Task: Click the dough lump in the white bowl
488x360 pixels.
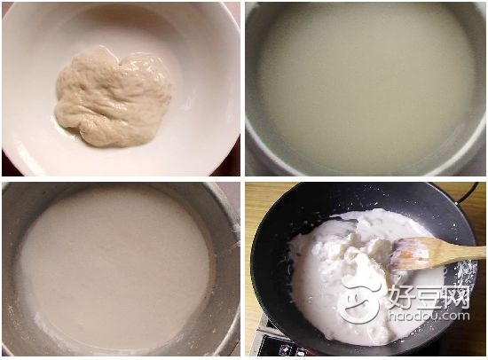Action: coord(113,97)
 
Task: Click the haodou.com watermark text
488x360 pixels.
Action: coord(429,317)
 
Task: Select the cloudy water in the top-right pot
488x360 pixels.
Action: coord(365,89)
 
